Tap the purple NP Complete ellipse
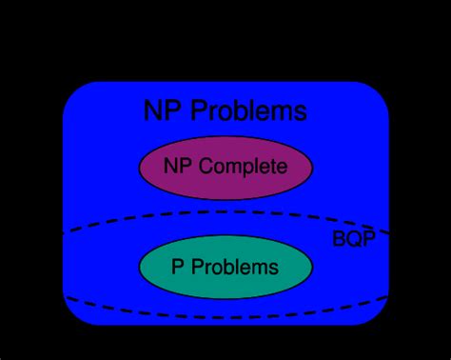click(225, 186)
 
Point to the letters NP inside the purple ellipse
click(177, 168)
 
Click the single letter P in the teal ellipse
click(177, 267)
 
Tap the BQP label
click(353, 238)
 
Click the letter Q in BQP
click(353, 238)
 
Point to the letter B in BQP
click(339, 238)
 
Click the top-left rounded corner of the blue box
click(72, 91)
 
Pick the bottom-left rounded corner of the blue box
click(72, 316)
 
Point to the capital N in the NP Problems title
click(152, 110)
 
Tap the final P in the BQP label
click(367, 238)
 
